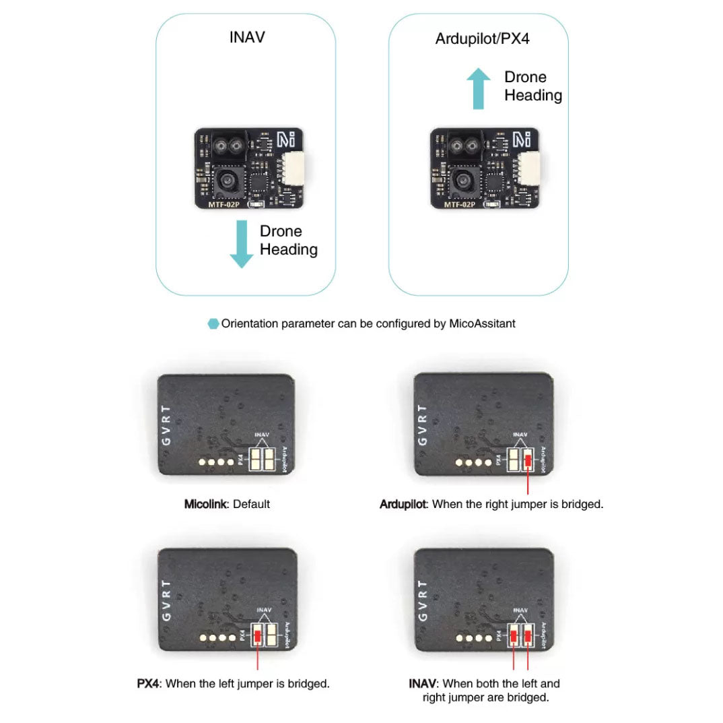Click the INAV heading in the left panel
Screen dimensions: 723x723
(x=247, y=36)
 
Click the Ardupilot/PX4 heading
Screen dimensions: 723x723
(x=482, y=38)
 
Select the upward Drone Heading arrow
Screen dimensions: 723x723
(x=478, y=88)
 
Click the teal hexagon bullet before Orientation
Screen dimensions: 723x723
(x=213, y=324)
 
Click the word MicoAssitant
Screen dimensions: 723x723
(x=483, y=323)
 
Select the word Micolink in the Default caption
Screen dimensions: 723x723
(x=207, y=503)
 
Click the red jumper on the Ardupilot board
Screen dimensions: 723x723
(x=528, y=461)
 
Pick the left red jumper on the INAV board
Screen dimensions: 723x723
(x=514, y=635)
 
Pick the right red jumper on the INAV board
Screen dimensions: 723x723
(x=528, y=635)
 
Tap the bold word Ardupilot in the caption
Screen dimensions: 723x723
(x=403, y=503)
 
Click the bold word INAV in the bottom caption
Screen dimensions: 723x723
(x=422, y=683)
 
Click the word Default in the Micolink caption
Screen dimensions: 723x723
(x=251, y=503)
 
